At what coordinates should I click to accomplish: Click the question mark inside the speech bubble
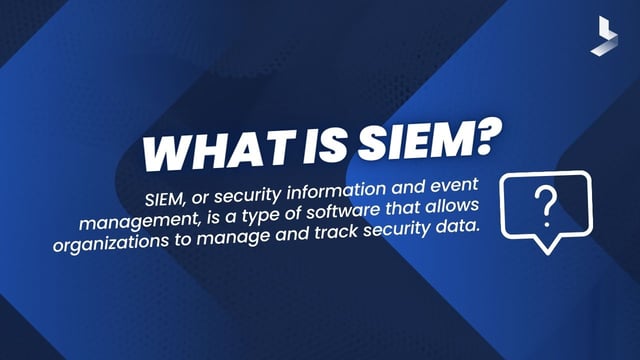click(x=545, y=206)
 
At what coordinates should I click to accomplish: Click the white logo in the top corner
click(x=603, y=35)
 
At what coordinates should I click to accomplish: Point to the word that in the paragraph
click(x=433, y=207)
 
